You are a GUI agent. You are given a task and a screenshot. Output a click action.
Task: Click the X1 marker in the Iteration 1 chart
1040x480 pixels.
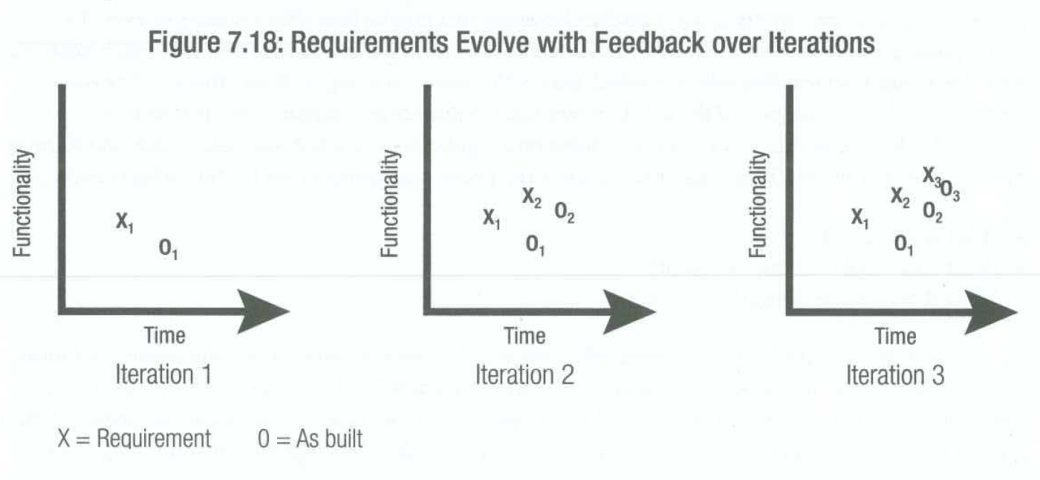coord(125,222)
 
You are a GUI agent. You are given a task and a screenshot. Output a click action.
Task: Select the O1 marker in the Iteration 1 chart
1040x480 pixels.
coord(168,249)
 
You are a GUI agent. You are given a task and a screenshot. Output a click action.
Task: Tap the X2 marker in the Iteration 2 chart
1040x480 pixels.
coord(532,198)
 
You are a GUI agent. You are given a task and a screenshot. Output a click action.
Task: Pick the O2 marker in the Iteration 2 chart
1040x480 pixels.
coord(564,213)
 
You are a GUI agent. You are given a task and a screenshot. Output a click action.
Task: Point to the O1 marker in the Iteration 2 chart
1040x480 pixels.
coord(536,245)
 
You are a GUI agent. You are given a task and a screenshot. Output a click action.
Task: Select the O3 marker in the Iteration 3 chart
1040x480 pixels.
coord(950,190)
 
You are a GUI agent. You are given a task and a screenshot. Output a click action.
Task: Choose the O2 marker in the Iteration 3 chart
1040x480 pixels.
coord(933,213)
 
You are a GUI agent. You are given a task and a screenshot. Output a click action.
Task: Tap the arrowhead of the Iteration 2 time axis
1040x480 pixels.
coord(630,312)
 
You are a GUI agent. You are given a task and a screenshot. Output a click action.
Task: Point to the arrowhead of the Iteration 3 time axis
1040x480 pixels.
coord(991,312)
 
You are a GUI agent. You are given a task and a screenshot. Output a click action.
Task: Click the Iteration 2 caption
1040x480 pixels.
coord(524,375)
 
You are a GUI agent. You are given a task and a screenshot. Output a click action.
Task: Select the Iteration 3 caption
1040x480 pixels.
coord(895,375)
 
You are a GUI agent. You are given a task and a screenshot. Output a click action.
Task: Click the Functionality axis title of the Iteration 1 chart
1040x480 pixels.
coord(22,204)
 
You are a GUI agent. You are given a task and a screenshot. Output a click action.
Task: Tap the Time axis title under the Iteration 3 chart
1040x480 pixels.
coord(896,336)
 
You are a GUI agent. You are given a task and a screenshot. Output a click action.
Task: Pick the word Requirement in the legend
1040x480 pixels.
coord(154,438)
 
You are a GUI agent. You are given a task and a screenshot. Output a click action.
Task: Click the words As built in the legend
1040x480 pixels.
coord(329,438)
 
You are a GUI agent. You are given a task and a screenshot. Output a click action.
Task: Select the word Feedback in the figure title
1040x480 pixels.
coord(650,42)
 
